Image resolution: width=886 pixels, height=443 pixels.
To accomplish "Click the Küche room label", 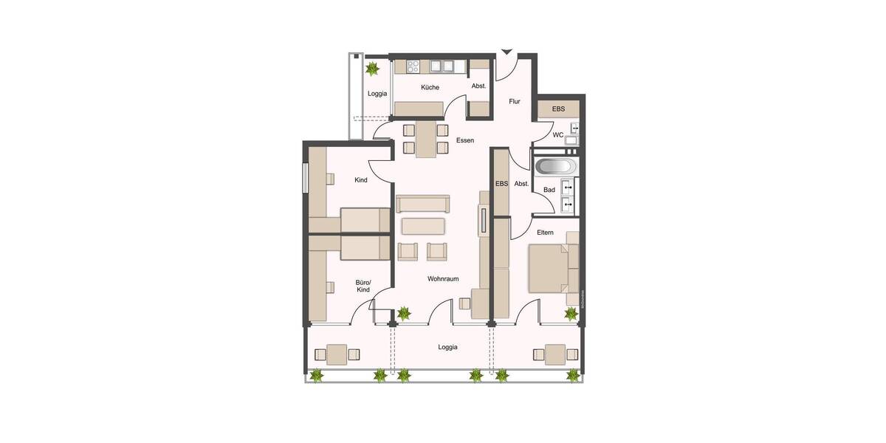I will click(x=430, y=88).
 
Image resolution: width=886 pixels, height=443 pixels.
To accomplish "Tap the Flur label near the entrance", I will click(x=515, y=102).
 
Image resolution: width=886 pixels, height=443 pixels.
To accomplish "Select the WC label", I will click(x=558, y=134).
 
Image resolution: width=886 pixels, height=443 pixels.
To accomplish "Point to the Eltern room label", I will click(x=545, y=233).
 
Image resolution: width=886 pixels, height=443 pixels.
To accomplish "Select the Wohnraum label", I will click(x=443, y=279).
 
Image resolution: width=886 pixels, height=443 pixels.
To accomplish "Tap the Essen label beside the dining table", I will click(x=465, y=140).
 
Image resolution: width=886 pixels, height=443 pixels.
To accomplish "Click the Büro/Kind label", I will click(x=363, y=286).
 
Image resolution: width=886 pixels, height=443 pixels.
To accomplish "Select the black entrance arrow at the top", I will click(x=506, y=52).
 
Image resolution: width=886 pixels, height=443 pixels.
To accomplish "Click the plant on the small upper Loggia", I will click(x=372, y=69).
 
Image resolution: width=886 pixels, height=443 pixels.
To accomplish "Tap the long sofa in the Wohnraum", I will click(x=422, y=203).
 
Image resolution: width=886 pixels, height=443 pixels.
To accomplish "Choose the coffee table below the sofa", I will click(x=423, y=225).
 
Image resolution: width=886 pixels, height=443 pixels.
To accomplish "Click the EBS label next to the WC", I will click(x=558, y=109).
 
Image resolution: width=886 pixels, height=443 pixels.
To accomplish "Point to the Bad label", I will click(x=549, y=190).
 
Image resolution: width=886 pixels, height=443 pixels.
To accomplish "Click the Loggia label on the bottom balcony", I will click(x=447, y=346).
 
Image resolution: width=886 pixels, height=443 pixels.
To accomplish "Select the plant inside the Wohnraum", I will click(x=403, y=313).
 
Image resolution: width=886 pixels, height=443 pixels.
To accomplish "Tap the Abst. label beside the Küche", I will click(x=478, y=86).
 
